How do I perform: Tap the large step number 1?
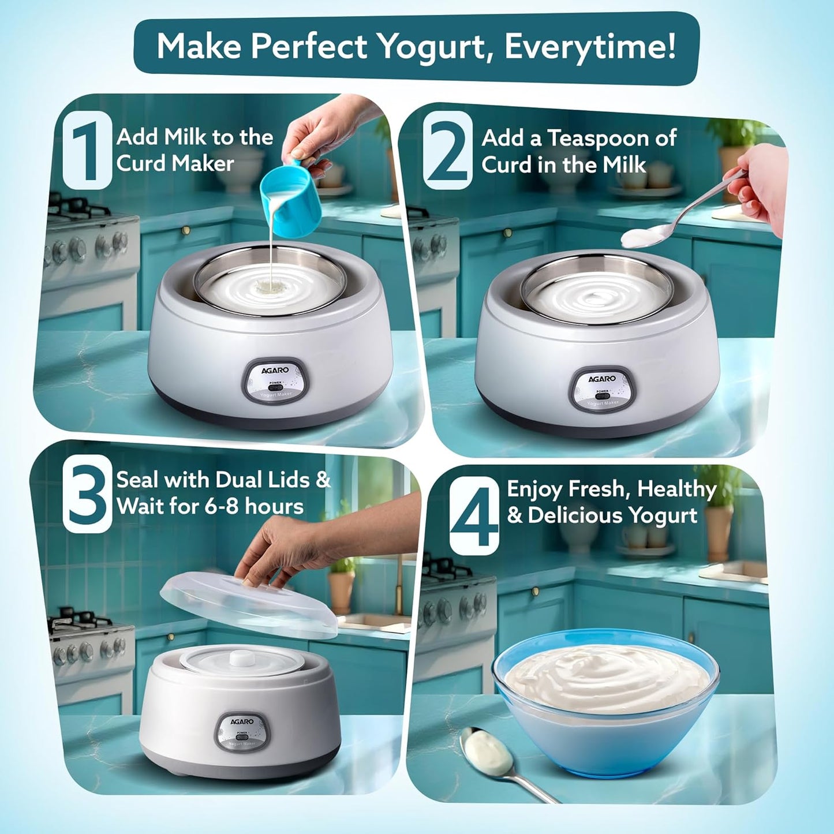coord(87,150)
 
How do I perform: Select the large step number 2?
coord(447,151)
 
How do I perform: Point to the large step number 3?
coord(87,493)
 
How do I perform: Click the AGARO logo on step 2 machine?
coord(602,379)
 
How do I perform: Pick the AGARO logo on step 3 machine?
coord(242,721)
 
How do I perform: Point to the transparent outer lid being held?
coord(248,606)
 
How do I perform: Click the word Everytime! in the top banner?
coord(590,47)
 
